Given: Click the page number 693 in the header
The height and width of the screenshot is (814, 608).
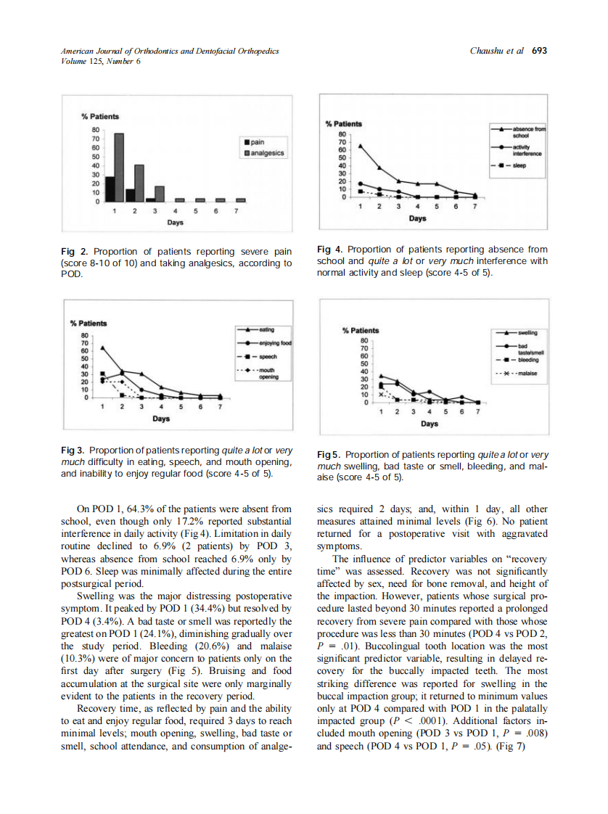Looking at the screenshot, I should click(539, 51).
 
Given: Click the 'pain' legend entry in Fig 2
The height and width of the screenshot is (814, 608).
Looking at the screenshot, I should click(258, 143).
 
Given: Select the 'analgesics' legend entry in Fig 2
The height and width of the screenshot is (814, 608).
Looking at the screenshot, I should click(265, 153).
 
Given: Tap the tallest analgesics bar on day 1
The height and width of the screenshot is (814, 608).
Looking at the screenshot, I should click(119, 168).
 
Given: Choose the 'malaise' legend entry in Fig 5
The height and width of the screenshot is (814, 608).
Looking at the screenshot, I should click(526, 373).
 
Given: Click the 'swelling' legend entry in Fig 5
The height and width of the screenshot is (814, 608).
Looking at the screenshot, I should click(531, 332).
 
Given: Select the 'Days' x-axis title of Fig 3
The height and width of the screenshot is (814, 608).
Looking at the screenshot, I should click(161, 419).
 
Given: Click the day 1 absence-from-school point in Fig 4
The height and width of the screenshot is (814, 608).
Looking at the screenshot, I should click(361, 145).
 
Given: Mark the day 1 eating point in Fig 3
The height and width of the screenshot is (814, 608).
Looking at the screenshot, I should click(102, 348).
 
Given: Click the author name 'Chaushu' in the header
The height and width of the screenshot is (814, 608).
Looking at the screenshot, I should click(488, 51).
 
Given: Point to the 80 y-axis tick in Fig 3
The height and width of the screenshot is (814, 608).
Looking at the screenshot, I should click(84, 335).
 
